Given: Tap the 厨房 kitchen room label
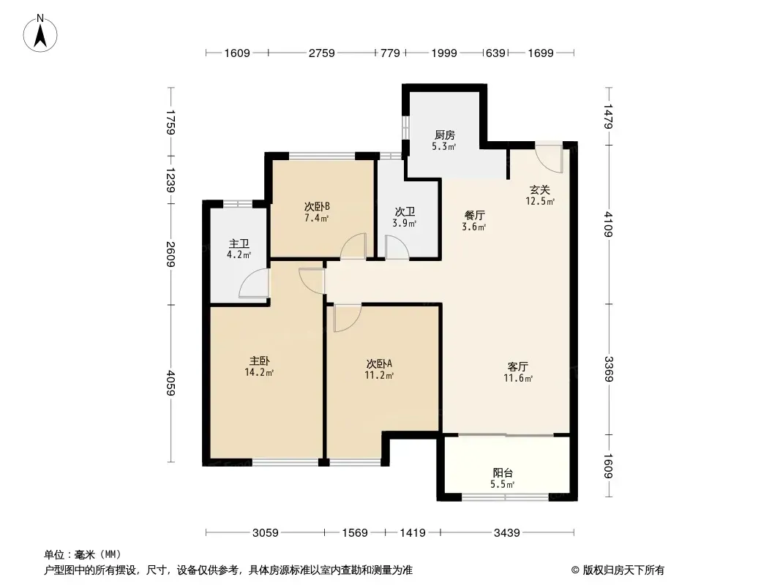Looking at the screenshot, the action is point(444,135).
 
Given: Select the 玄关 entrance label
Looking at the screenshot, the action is point(540,190).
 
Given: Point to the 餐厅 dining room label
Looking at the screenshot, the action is point(475,215).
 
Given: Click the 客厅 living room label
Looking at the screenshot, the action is point(518,367).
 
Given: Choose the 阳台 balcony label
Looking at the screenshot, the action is point(503,472).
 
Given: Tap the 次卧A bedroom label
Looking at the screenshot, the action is point(379,364).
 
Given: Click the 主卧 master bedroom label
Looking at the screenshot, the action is point(259,361).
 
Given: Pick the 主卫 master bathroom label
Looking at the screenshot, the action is point(239,244).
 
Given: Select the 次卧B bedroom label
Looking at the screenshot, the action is point(317,206).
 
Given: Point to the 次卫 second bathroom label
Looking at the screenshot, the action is point(405,212).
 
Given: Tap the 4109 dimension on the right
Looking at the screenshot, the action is point(608,224).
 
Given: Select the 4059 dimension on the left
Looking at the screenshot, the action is point(170,382).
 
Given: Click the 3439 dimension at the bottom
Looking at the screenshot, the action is point(506,533).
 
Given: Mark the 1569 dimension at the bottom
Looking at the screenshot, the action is point(355,533).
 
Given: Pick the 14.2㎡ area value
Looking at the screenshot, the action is point(259,372).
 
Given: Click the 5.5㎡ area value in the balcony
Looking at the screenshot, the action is point(503,484).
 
